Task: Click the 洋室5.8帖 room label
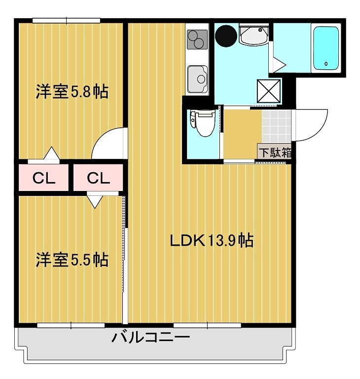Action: click(72, 92)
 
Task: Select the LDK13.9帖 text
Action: click(212, 241)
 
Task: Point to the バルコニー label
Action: click(150, 338)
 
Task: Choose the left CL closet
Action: click(43, 178)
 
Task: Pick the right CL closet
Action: click(98, 178)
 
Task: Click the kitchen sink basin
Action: click(198, 78)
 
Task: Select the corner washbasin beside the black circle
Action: click(253, 36)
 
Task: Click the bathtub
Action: click(326, 48)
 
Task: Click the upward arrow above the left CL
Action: click(51, 154)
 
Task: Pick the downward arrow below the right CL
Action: click(95, 201)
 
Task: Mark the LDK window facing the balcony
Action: click(207, 325)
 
